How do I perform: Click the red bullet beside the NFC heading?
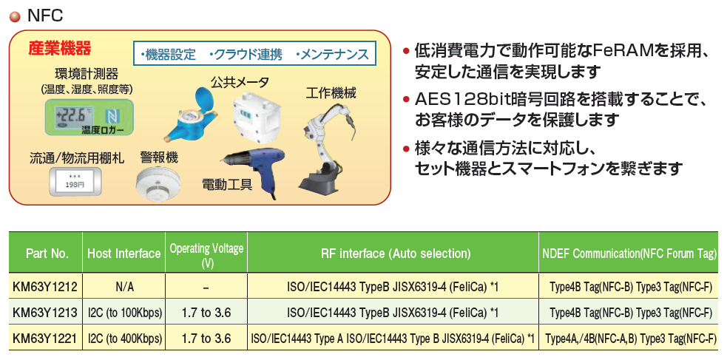tap(16, 17)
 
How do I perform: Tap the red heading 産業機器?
tap(60, 48)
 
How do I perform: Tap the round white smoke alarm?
tap(158, 184)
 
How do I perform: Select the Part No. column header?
tap(47, 254)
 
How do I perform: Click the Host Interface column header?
tap(124, 254)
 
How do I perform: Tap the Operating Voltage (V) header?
tap(206, 254)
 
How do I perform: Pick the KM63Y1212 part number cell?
tap(45, 288)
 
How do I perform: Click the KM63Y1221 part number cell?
tap(45, 339)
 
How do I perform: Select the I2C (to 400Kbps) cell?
tap(124, 339)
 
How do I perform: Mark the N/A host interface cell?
tap(124, 288)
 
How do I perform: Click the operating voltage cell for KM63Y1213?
tap(206, 313)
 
